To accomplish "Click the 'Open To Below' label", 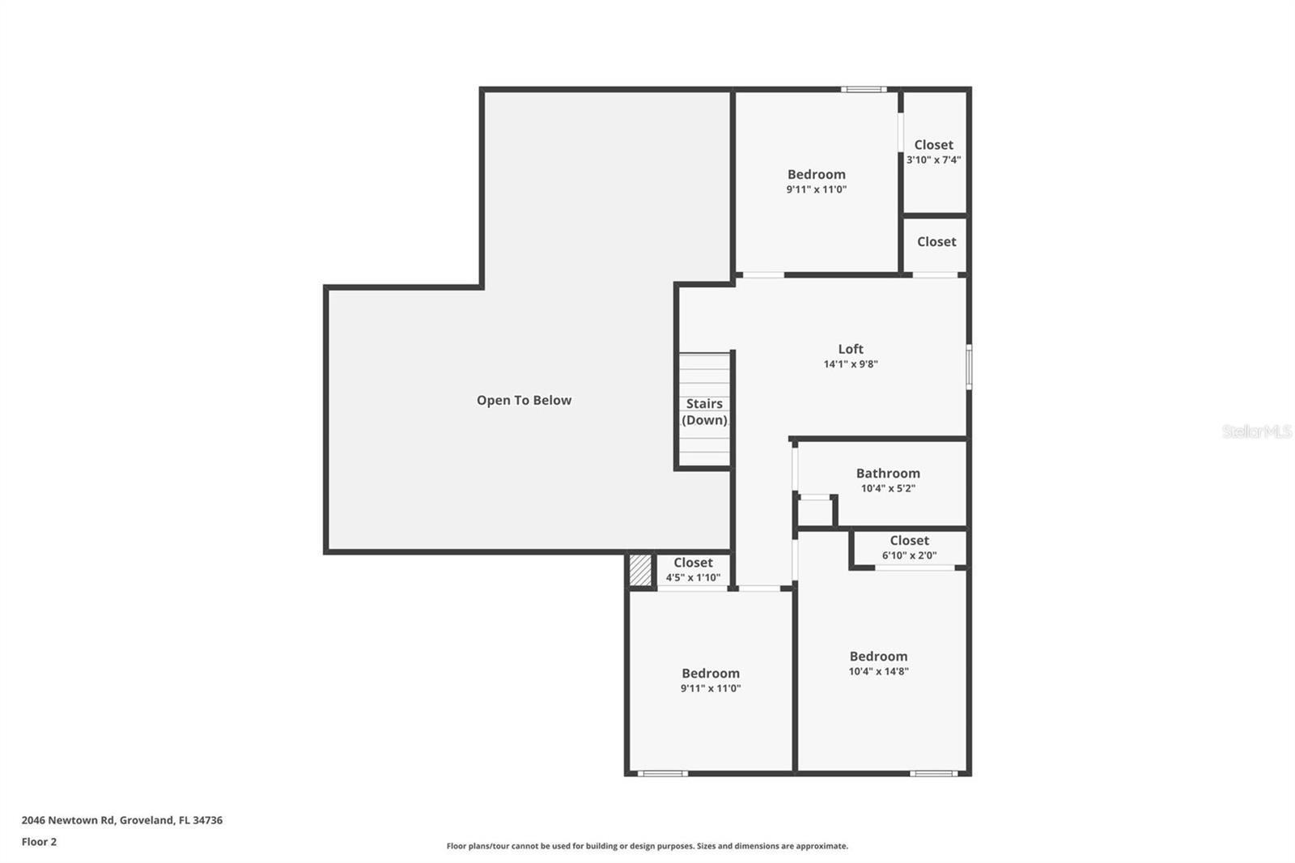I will point(524,400).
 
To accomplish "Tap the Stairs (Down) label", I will point(704,411).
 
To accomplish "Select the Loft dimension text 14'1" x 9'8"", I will point(851,364).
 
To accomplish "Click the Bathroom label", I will point(888,473).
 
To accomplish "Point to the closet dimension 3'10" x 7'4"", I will point(933,159).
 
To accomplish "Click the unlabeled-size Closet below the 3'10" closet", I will point(936,241).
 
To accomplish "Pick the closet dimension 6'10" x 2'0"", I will point(909,555).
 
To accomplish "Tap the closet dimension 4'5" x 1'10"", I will point(693,577).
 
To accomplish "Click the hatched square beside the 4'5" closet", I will point(640,570).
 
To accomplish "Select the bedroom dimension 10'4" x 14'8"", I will point(878,671).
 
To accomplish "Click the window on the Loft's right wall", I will point(969,367).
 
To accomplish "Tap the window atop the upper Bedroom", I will point(864,89).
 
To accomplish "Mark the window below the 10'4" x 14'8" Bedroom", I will point(933,773).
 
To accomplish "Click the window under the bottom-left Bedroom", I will point(662,773).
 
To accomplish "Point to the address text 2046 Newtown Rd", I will point(121,820).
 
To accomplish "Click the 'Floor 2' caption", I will point(39,842).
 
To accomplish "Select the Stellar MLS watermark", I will point(1256,431).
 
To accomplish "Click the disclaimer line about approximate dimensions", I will point(647,846).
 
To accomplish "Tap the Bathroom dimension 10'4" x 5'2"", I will point(888,488).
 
